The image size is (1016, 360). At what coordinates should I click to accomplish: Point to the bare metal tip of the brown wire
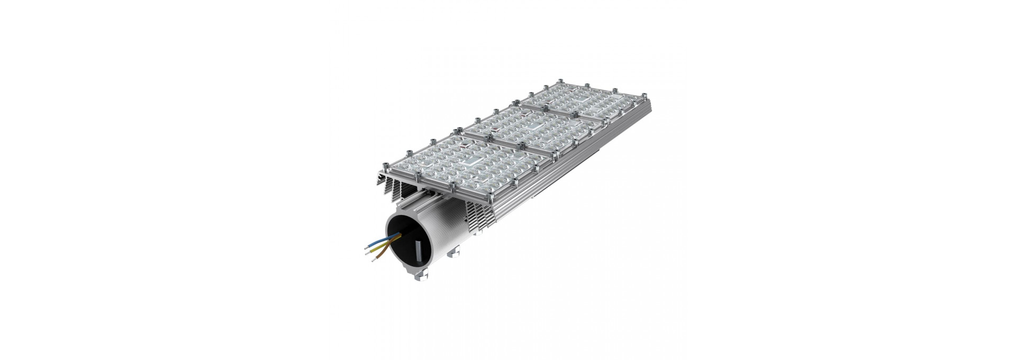pos(374,260)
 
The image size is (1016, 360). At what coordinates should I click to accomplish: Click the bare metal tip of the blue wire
pos(366,248)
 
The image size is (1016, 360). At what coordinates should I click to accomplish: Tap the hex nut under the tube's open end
pos(421,276)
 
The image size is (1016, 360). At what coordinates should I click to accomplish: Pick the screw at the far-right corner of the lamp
pos(645,96)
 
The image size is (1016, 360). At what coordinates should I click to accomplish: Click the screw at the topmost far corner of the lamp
pos(560,81)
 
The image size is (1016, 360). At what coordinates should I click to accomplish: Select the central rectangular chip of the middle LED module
pos(534,126)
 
